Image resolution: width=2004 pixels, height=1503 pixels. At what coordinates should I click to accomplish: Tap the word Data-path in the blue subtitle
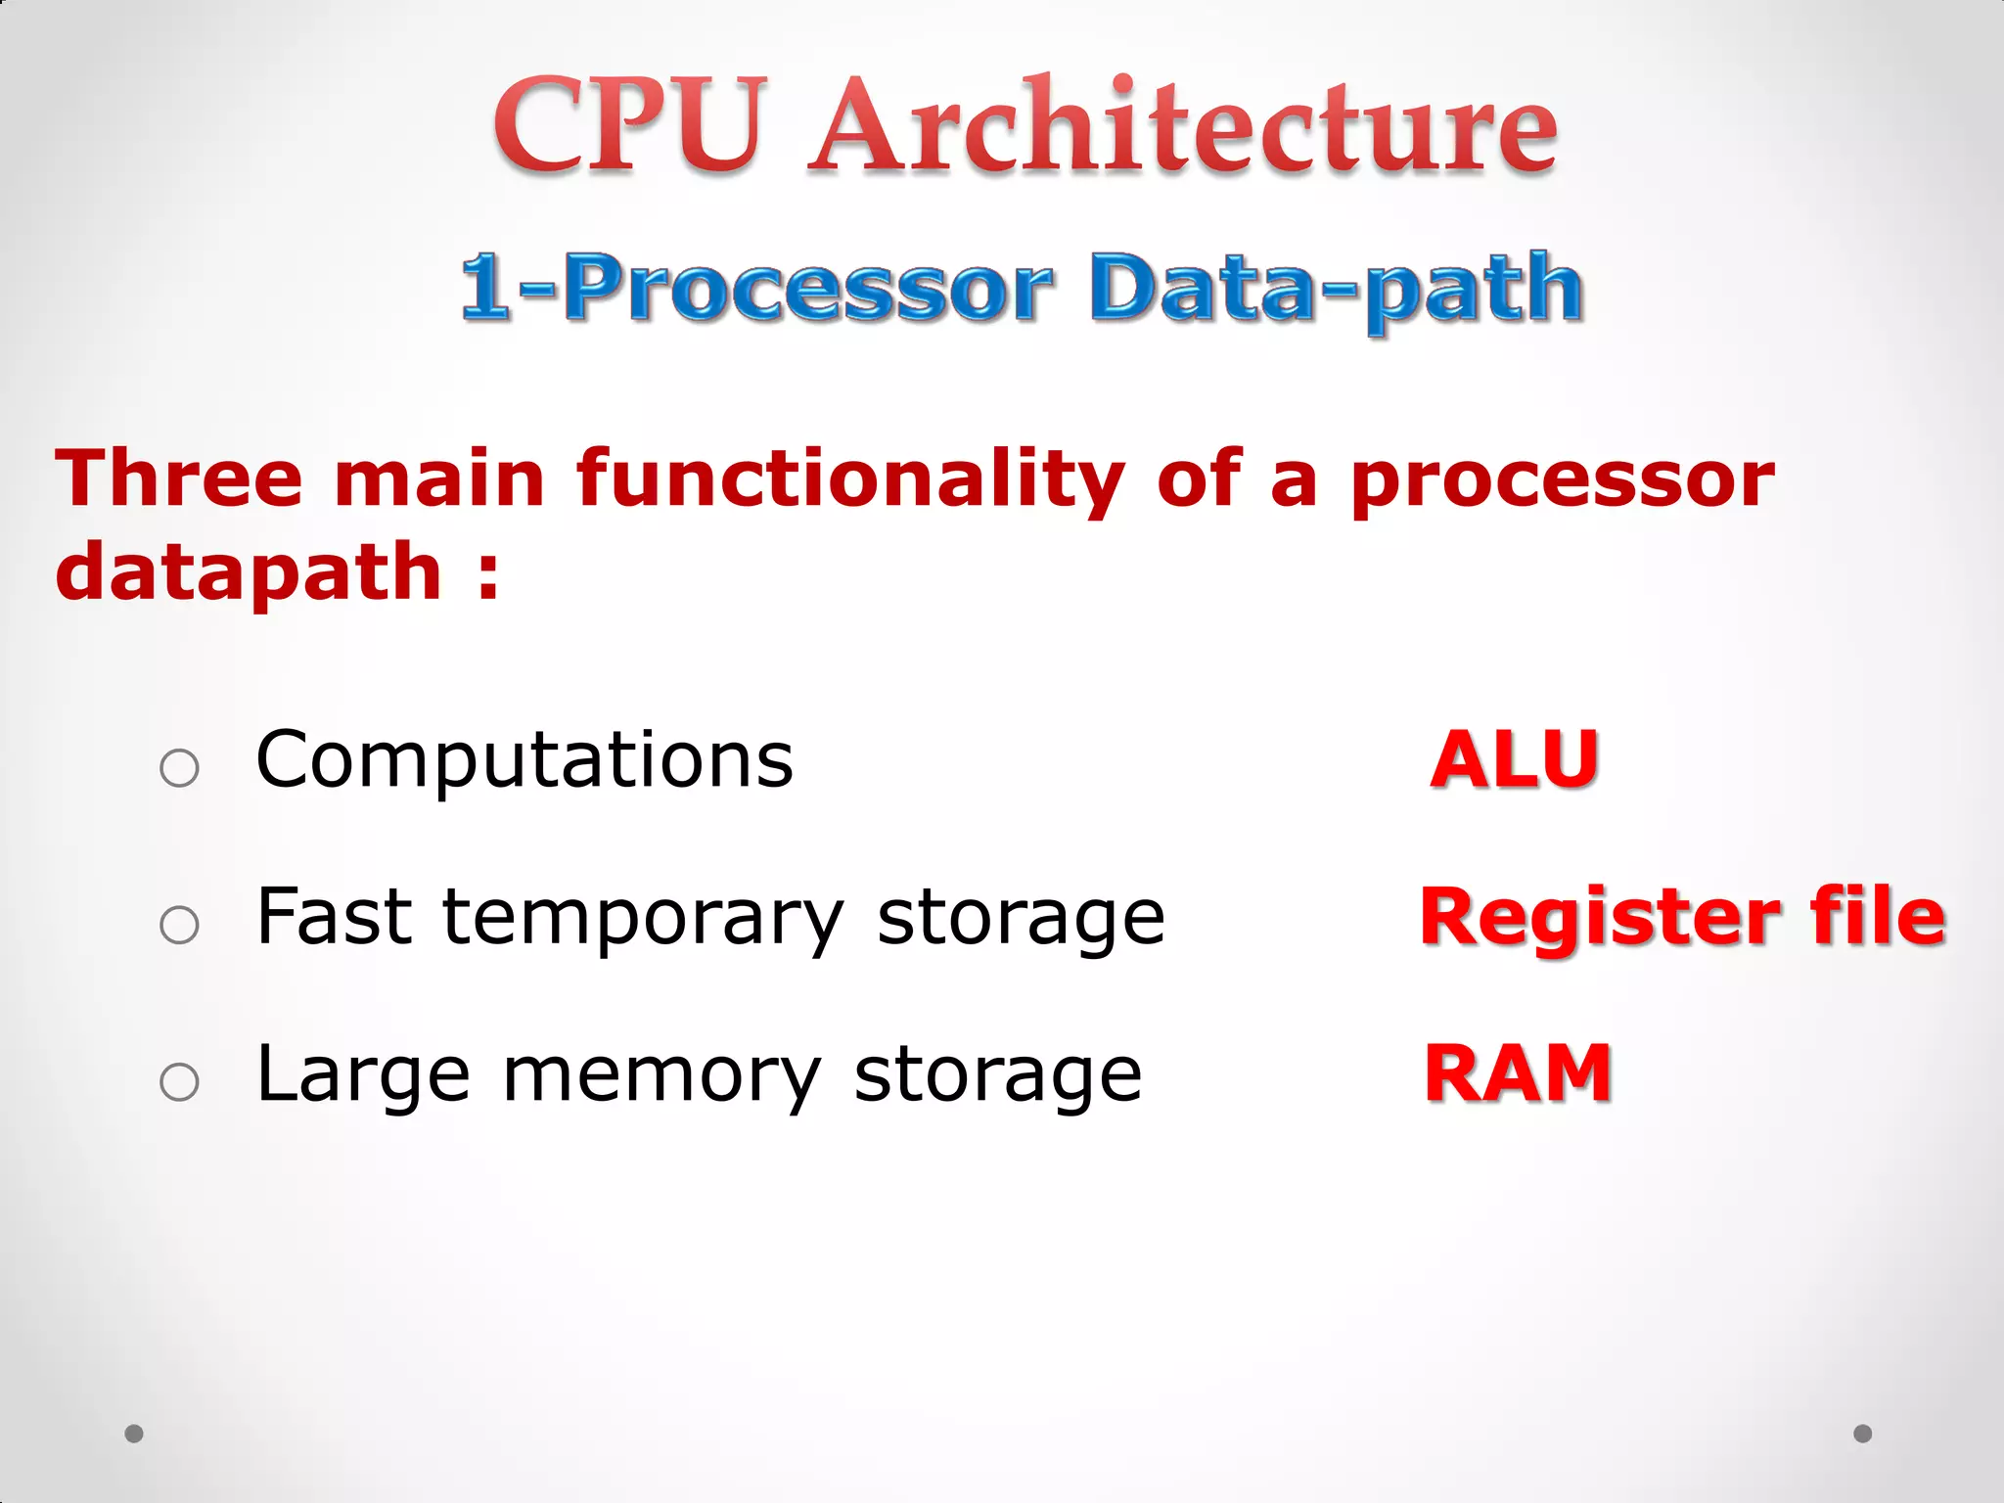click(1335, 288)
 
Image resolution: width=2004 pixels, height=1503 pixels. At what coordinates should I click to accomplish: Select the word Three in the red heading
click(179, 478)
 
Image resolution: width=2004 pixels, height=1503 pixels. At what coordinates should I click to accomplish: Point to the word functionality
click(849, 478)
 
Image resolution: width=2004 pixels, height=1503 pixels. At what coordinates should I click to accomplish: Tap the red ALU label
click(1514, 759)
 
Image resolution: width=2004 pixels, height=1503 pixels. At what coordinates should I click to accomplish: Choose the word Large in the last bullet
click(363, 1075)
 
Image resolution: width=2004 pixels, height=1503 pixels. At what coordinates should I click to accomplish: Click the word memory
click(661, 1075)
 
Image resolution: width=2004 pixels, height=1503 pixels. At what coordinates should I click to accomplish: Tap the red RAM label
click(1518, 1073)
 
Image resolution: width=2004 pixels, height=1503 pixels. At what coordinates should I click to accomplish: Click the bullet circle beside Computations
click(179, 768)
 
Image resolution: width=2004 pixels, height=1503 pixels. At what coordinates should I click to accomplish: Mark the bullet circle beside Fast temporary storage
click(179, 925)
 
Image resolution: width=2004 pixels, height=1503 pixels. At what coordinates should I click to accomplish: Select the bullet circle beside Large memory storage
click(179, 1082)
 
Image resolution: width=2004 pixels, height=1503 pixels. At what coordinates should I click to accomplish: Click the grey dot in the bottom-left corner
click(134, 1434)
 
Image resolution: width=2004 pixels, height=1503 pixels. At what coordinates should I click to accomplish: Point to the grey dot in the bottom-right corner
click(1863, 1434)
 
